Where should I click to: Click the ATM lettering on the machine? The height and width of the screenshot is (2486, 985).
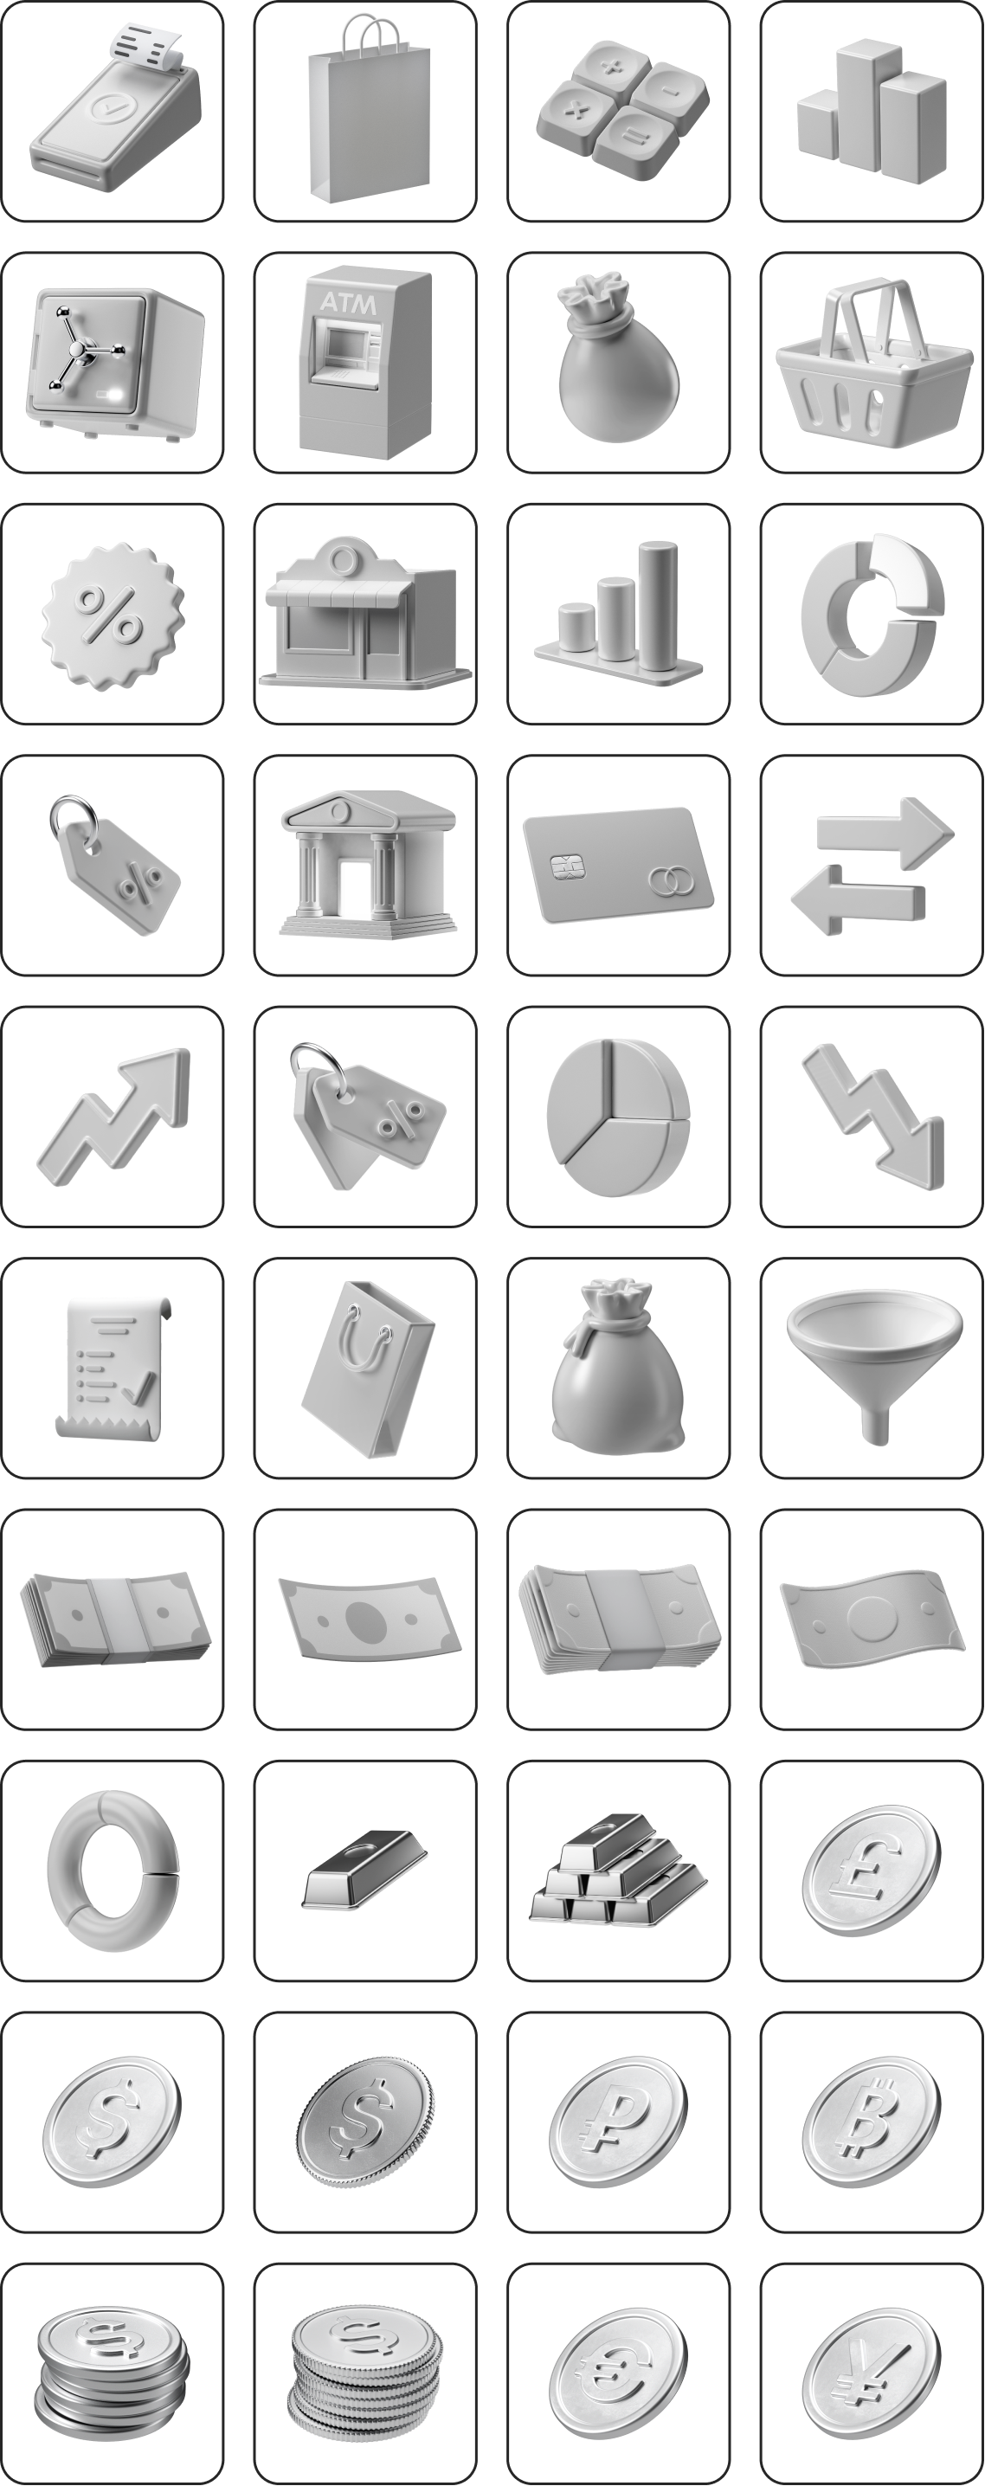click(x=347, y=302)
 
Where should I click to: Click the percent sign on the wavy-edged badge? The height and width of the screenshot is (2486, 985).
click(x=111, y=615)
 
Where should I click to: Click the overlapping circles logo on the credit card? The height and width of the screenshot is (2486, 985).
click(x=665, y=879)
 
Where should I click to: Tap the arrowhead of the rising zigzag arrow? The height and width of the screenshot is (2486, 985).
click(x=163, y=1077)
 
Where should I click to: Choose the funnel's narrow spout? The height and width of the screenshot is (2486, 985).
click(x=875, y=1422)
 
